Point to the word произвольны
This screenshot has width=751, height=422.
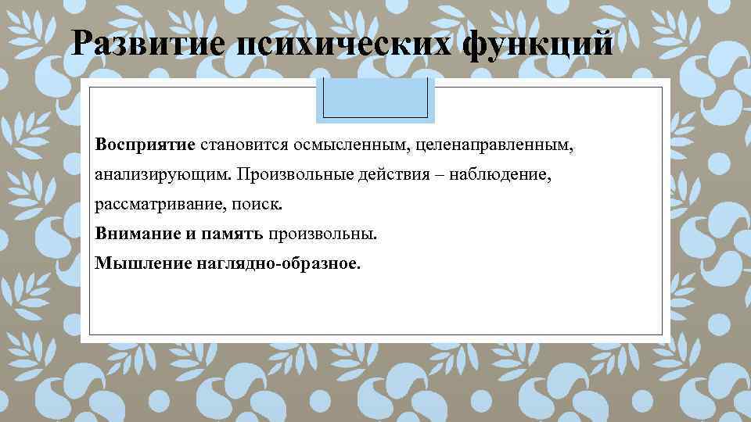[x=323, y=234]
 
